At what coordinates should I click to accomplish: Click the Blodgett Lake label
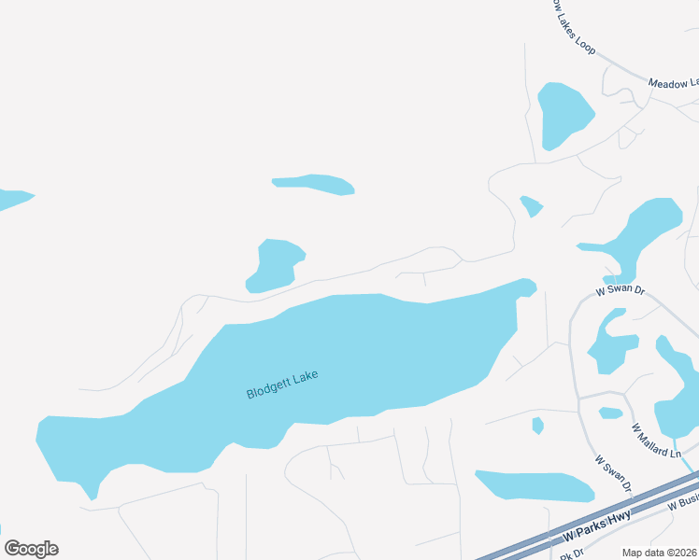(282, 384)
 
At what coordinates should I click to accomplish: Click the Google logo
(31, 549)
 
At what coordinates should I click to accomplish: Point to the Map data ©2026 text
(660, 552)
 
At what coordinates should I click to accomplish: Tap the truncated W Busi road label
(684, 502)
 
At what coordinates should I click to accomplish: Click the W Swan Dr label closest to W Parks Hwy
(615, 476)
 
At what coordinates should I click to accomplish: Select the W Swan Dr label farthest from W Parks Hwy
(621, 291)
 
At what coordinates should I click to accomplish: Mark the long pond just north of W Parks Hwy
(535, 486)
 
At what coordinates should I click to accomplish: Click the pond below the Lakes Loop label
(564, 114)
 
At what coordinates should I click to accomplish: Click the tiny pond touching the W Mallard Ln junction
(610, 413)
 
